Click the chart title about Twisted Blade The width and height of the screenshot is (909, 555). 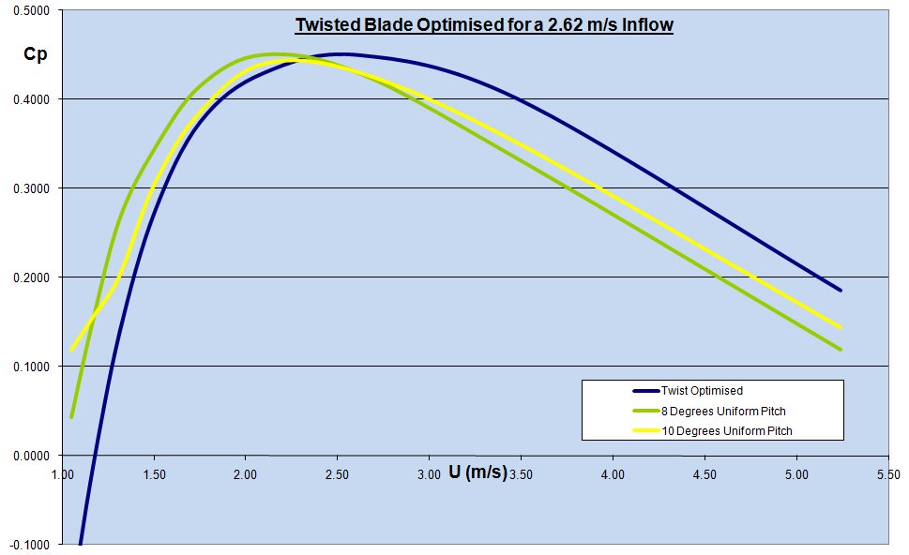[484, 24]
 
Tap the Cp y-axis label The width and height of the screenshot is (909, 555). [34, 53]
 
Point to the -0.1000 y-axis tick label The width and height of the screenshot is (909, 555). [32, 545]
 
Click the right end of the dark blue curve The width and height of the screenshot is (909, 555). [841, 291]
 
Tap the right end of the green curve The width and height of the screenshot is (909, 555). [841, 350]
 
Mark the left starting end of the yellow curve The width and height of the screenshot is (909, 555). [71, 351]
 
